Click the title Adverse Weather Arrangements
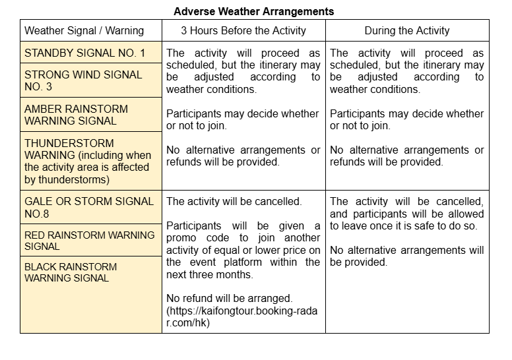[x=254, y=12]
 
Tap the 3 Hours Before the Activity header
[x=243, y=31]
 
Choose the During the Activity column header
[x=407, y=31]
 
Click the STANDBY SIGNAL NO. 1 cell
[x=84, y=53]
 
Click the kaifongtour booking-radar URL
[x=243, y=316]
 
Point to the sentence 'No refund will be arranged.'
[x=229, y=299]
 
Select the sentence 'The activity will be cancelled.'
[x=234, y=201]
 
